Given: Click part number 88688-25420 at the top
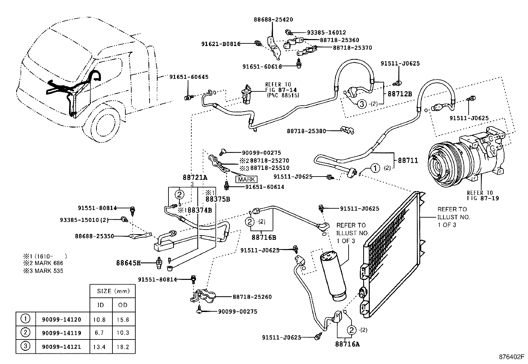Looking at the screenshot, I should [x=273, y=20].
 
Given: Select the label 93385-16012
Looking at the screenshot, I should [x=326, y=32].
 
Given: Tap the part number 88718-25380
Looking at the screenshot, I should [x=306, y=131].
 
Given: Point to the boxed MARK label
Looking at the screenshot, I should [x=246, y=179].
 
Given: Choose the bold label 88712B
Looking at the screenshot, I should [x=400, y=94].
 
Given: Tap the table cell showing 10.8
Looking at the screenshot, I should [x=100, y=320].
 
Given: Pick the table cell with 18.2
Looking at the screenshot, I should [x=123, y=347].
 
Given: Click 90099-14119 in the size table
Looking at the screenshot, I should [x=61, y=333].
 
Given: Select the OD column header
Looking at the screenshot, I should [x=123, y=305].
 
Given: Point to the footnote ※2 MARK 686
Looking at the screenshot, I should [x=43, y=263].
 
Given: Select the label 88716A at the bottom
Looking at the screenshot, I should [x=347, y=344].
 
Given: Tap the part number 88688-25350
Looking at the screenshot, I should [x=94, y=236].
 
